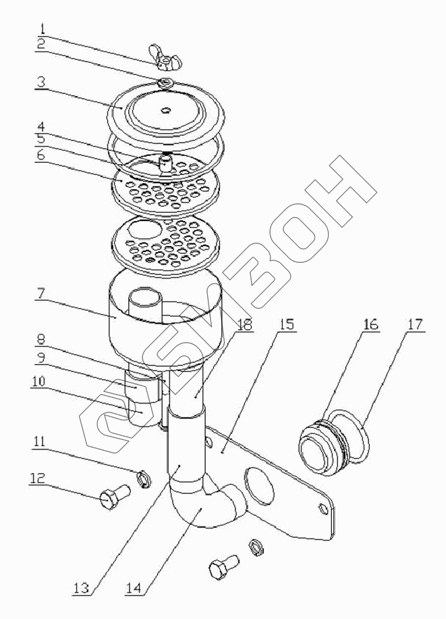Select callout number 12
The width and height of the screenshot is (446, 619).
click(x=37, y=478)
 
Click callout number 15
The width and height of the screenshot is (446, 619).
click(x=287, y=325)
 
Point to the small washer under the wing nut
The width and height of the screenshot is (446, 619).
click(x=165, y=82)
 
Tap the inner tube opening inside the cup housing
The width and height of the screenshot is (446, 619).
click(x=144, y=295)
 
